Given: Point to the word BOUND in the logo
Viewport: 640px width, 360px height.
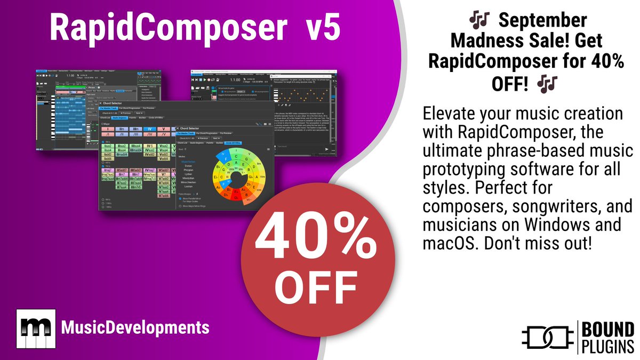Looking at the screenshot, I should (608, 329).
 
